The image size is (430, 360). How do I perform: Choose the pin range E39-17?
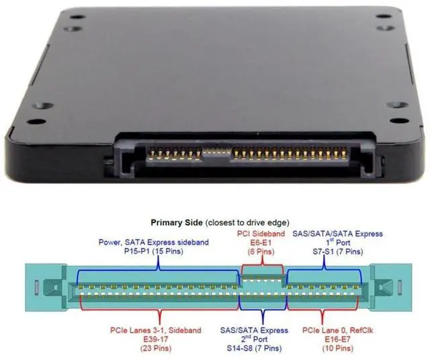143,339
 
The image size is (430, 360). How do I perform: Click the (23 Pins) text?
143,348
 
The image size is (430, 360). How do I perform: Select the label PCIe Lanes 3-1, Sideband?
143,330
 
